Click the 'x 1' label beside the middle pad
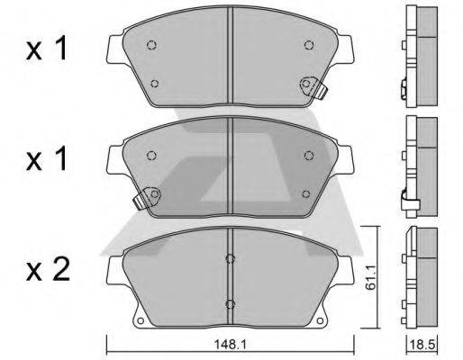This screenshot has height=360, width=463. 46,160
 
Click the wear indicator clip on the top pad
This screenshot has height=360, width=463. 312,85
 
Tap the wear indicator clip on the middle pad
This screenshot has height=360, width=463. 147,196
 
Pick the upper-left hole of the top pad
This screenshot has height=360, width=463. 151,46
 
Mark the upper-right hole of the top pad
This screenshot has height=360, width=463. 309,45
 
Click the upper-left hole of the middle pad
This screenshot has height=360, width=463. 151,155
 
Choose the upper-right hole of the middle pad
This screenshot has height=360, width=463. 309,155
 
